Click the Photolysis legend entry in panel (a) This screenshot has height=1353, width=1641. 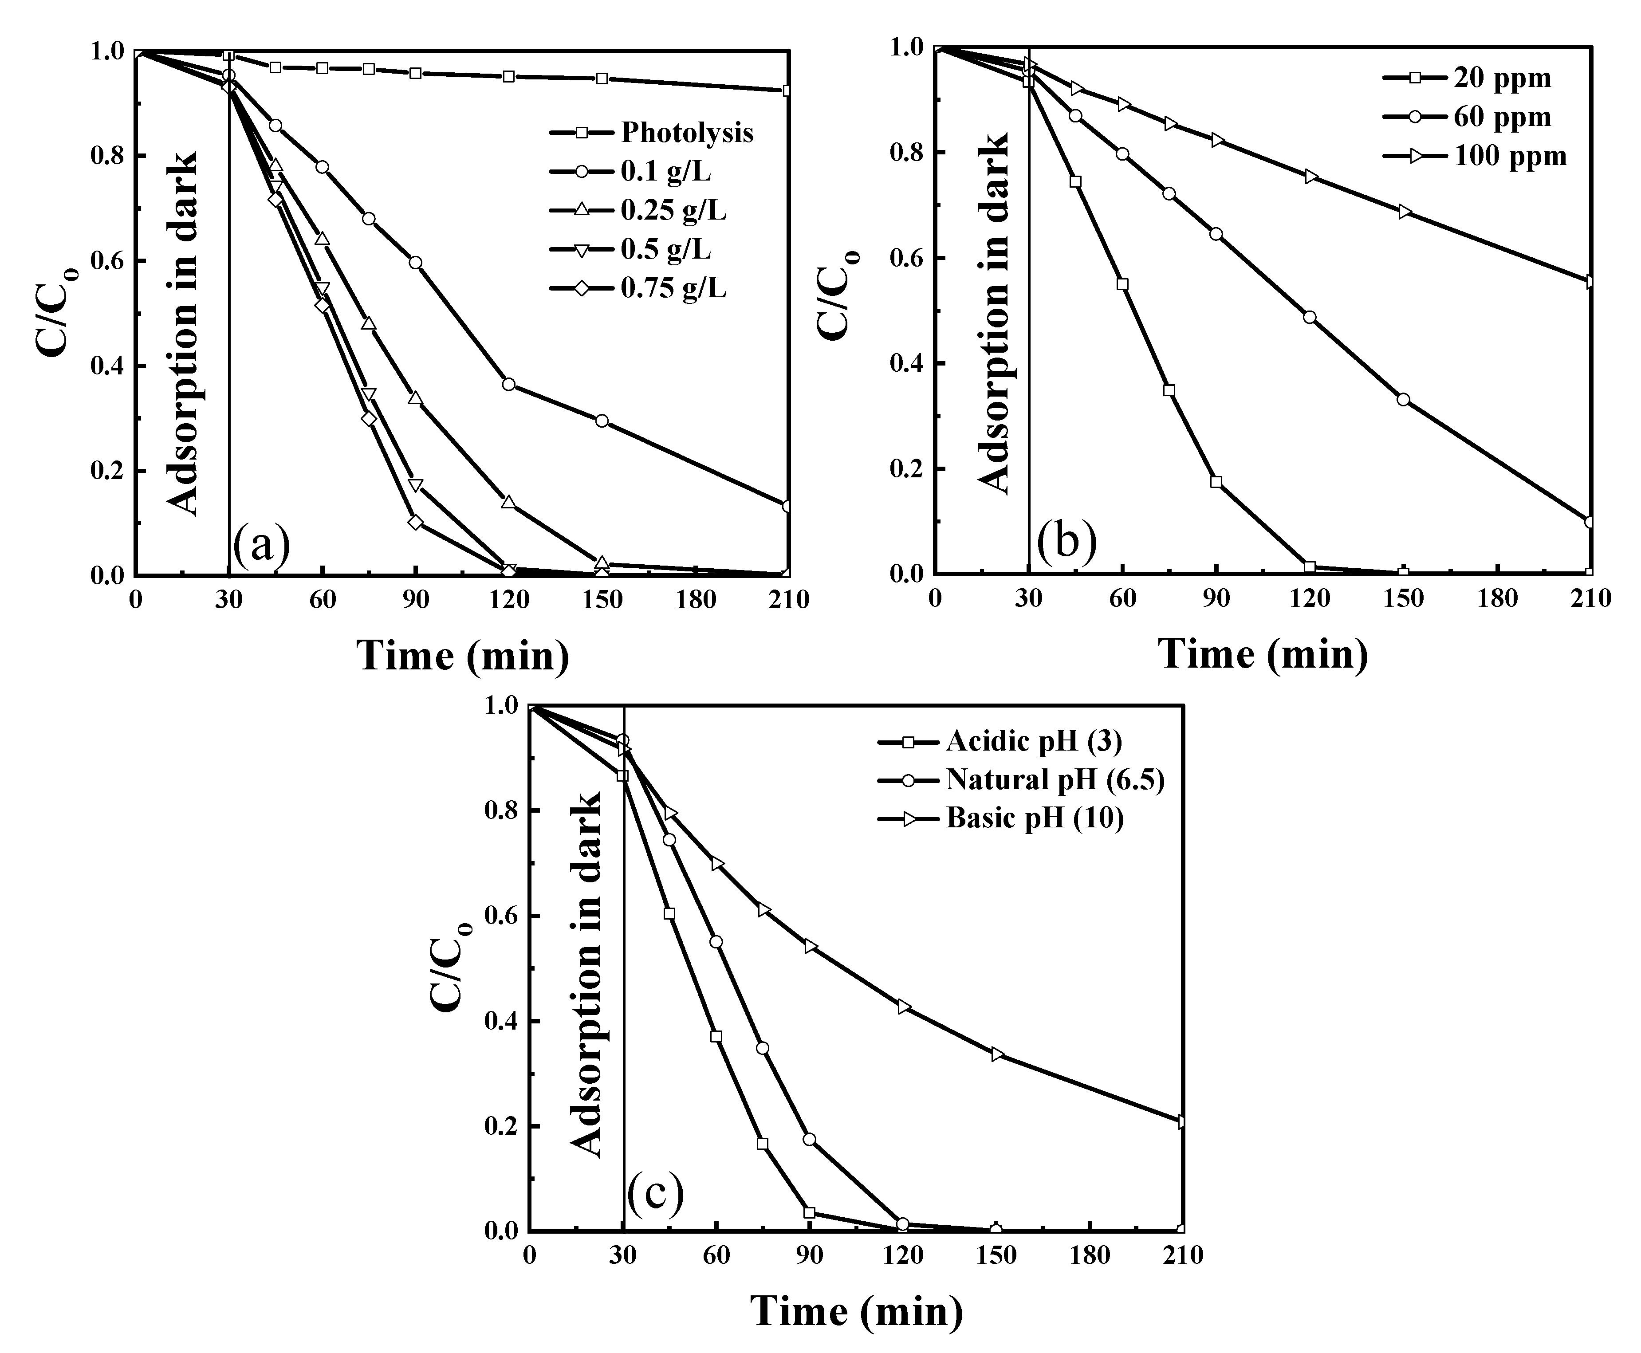click(x=686, y=133)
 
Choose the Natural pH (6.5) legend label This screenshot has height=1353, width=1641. click(x=1055, y=779)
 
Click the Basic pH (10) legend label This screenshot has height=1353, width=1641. click(x=1035, y=818)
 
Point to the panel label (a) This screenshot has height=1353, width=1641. click(x=262, y=547)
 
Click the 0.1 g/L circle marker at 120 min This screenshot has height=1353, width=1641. click(x=509, y=384)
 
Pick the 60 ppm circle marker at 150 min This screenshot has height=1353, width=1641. click(x=1403, y=399)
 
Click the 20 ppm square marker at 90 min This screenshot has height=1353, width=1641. click(x=1216, y=482)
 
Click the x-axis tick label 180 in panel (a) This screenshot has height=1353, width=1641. click(x=696, y=599)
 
